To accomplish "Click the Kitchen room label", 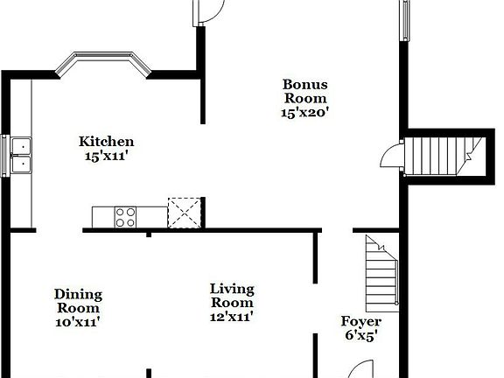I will coord(106,142).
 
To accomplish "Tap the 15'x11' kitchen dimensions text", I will coord(106,157).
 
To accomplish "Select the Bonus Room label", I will coord(304,92).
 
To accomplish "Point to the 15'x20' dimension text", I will coord(304,112).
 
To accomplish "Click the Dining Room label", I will coord(78,301).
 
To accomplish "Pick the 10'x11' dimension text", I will coord(78,322).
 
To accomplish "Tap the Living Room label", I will coord(232,295).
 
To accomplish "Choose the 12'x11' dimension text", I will coord(232,316).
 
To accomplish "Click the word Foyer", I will coord(360,321).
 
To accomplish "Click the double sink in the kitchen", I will coord(20,155).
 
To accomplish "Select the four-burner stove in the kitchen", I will coord(126,216).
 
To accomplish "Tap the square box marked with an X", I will coord(184,213).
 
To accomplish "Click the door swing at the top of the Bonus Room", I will coord(210,11).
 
